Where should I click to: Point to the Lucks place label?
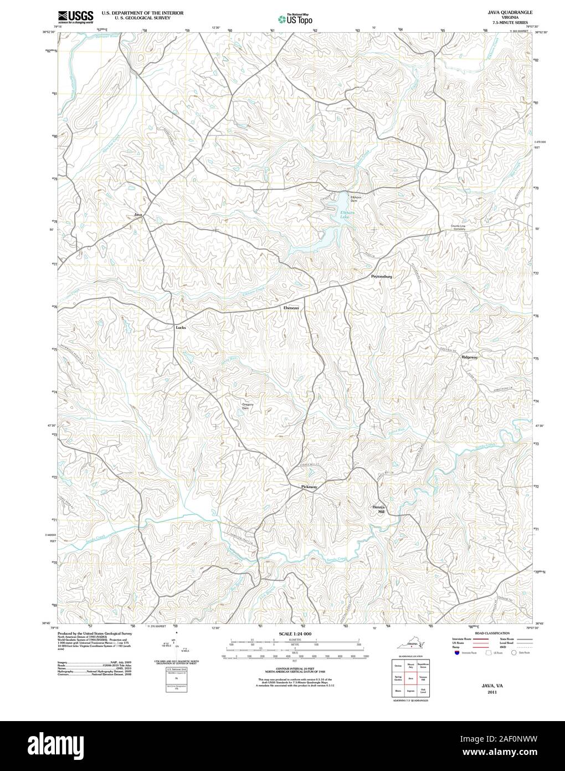tap(181, 327)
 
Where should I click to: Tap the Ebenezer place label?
tap(291, 307)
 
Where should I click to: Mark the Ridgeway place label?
tap(469, 357)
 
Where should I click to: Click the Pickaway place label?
tap(309, 487)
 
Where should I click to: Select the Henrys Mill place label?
tap(378, 510)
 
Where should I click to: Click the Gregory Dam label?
tap(248, 406)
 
